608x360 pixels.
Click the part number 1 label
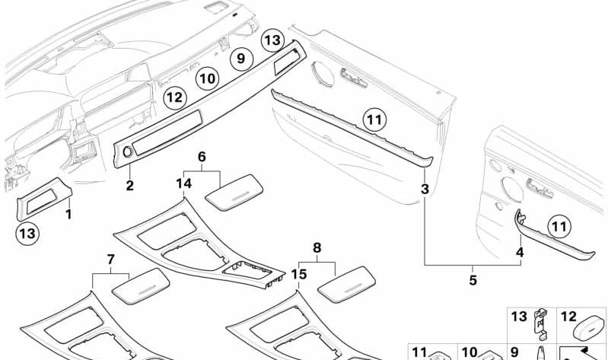point(68,215)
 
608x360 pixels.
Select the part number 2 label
point(129,186)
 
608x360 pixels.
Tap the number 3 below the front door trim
point(425,188)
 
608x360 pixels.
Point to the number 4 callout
point(520,252)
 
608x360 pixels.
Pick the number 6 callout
point(202,156)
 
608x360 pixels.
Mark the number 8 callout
point(317,247)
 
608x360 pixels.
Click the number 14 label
point(183,184)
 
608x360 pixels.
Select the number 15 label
point(299,273)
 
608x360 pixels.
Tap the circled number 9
point(240,58)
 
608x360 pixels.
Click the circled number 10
point(207,78)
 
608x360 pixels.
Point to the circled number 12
point(175,97)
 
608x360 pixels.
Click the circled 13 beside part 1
point(27,233)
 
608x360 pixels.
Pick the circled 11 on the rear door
point(559,226)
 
